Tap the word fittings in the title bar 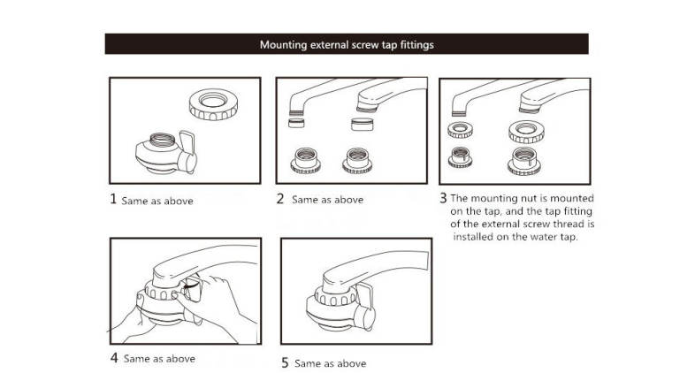[412, 43]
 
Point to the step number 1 [112, 199]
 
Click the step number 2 [280, 199]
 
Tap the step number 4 [114, 358]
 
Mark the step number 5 [285, 362]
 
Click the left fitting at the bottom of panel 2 [307, 160]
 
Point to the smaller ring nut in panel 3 [460, 131]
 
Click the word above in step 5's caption [348, 363]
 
